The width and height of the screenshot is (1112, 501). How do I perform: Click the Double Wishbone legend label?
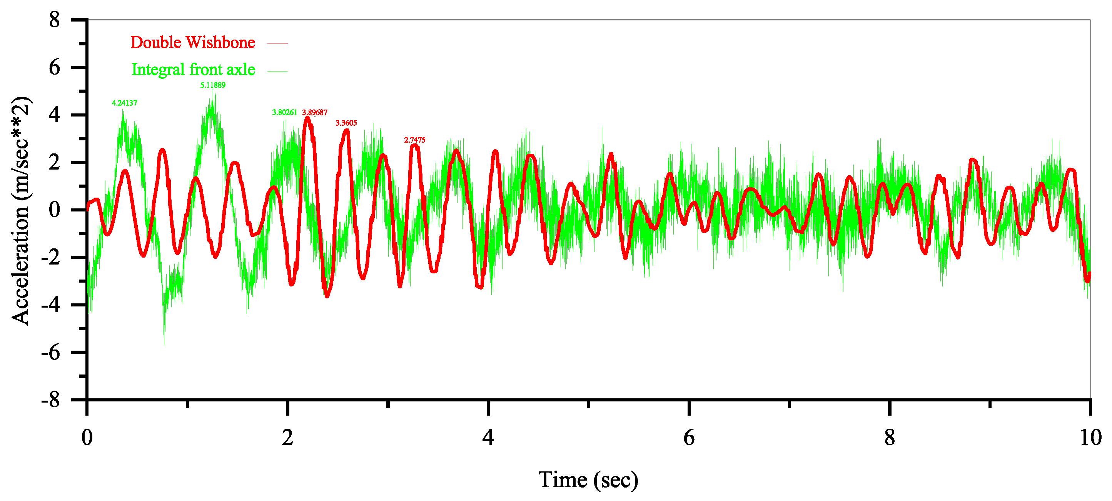point(192,43)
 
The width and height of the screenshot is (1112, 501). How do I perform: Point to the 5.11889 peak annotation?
point(212,85)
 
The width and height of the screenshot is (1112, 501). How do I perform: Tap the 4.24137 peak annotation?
point(124,103)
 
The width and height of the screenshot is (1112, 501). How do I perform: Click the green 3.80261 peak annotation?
point(284,113)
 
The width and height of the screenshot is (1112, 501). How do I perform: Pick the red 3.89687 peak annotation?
point(315,113)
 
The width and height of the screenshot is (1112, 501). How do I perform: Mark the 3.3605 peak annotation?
point(346,123)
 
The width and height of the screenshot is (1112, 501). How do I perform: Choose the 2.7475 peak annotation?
point(414,140)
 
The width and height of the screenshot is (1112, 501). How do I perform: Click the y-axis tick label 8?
point(54,20)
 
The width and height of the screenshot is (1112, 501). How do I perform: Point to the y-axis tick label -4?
point(50,305)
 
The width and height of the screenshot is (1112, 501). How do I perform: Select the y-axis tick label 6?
point(54,67)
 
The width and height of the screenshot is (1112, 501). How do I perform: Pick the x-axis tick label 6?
point(689,438)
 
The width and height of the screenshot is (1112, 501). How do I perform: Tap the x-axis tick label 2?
point(287,438)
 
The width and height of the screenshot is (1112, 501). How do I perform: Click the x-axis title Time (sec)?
point(588,480)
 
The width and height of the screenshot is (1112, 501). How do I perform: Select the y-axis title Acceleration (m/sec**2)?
point(21,210)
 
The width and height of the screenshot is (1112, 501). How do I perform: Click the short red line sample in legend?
point(277,43)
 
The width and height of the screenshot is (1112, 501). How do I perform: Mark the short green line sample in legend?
point(277,71)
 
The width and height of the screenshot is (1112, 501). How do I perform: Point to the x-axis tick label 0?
point(87,438)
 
